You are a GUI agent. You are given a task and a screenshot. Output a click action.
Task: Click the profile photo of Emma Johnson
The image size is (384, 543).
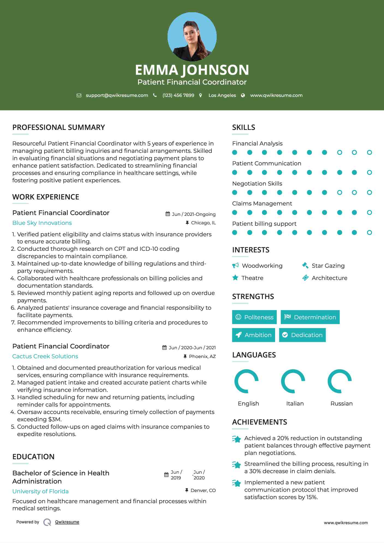pos(192,37)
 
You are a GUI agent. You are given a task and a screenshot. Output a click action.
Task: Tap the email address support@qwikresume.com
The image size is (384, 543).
pos(117,96)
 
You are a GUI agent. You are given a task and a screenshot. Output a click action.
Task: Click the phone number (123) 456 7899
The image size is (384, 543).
pos(178,96)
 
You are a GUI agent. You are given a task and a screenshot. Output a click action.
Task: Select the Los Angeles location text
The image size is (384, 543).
pos(222,96)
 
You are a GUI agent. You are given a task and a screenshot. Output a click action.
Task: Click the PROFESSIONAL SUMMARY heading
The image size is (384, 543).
pos(58,127)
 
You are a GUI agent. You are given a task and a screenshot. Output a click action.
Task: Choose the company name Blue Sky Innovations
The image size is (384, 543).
pos(42,223)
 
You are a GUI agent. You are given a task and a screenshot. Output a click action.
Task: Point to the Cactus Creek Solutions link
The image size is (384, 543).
pos(45,356)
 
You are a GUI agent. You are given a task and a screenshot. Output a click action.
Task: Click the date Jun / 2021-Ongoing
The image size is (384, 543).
pos(194,214)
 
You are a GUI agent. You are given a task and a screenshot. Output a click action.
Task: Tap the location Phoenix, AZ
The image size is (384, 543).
pos(202,356)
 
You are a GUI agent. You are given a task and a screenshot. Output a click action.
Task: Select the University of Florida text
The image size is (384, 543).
pos(40,491)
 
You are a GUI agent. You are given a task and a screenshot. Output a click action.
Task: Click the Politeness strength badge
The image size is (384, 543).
pos(254,317)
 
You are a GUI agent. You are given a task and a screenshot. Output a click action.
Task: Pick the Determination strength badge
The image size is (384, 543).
pos(310,317)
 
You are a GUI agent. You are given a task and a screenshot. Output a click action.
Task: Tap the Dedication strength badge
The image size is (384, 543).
pos(302,335)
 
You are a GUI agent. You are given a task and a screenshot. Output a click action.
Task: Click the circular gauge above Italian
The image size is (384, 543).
pos(293,381)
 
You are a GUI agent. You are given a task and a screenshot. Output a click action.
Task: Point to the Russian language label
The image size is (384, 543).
pos(341,404)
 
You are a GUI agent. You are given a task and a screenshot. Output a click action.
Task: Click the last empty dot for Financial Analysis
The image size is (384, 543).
pos(369,153)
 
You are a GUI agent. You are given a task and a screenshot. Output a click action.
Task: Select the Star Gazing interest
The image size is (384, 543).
pos(328,266)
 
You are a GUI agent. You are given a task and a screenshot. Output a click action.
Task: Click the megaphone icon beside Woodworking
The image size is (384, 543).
pos(235,265)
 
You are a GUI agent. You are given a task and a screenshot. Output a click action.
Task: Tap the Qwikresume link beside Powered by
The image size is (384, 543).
pos(67,522)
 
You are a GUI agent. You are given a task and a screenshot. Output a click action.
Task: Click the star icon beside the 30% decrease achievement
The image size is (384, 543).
pos(237,465)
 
